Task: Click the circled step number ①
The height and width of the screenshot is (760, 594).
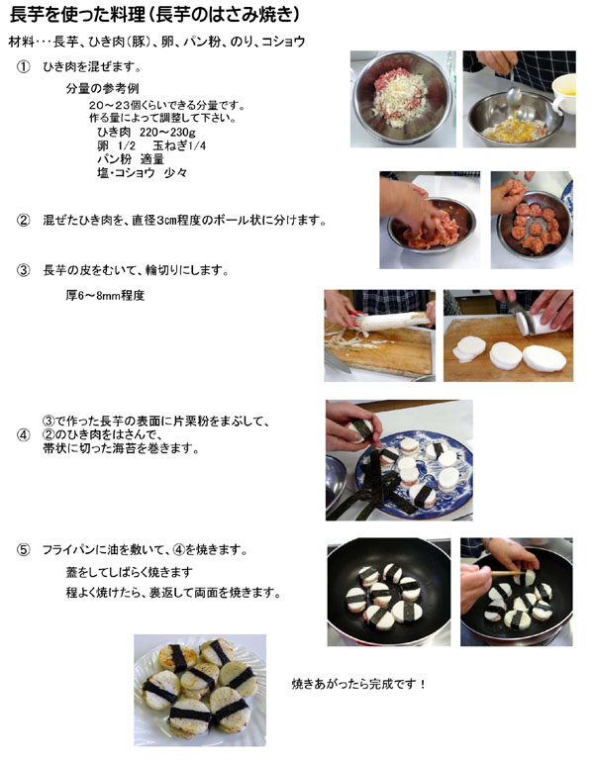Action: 24,67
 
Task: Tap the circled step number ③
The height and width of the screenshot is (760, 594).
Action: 24,270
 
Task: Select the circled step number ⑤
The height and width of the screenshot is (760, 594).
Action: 24,550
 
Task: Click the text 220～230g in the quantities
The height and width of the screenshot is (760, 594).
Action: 167,132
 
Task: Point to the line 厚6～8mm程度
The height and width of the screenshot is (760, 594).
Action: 105,295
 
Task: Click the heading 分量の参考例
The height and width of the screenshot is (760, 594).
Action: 102,89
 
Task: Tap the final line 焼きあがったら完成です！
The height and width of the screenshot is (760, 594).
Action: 359,685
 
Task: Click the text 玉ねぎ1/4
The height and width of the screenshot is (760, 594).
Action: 179,145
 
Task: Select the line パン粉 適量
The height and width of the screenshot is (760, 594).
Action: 131,159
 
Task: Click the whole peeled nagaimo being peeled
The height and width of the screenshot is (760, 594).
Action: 392,322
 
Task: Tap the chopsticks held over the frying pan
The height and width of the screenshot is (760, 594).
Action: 508,573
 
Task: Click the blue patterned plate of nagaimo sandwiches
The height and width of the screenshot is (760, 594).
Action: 414,475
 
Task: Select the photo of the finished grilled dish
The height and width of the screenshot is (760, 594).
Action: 200,690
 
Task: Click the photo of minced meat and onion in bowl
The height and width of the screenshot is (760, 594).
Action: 403,99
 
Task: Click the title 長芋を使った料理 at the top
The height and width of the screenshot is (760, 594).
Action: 77,15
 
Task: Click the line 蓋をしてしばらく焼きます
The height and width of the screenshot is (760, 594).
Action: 130,572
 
